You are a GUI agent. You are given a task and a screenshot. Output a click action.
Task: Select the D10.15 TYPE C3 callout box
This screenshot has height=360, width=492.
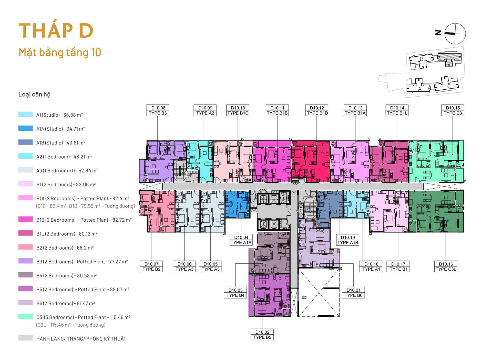(453, 110)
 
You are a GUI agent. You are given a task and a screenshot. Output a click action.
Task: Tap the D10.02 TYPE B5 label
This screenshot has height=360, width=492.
(262, 335)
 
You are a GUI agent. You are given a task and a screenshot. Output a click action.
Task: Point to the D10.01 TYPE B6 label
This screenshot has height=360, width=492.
(353, 293)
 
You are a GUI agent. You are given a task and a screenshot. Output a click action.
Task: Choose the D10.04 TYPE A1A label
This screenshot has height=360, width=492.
(241, 240)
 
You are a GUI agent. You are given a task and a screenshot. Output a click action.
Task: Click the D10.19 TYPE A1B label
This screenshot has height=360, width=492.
(348, 240)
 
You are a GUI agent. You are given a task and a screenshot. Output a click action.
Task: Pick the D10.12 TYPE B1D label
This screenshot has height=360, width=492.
(317, 110)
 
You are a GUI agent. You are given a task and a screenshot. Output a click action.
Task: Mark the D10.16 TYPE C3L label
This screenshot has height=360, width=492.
(446, 266)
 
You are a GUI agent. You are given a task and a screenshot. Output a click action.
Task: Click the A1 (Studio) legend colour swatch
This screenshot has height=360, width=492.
(26, 114)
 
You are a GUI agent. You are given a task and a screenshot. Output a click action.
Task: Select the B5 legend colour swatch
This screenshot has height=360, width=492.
(26, 289)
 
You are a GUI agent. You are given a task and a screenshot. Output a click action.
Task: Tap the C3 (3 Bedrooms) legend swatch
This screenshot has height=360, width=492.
(26, 317)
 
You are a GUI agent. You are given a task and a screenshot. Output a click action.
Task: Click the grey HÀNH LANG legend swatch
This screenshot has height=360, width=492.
(26, 338)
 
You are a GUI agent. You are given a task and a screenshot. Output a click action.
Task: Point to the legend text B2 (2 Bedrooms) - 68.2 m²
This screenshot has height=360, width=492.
(65, 248)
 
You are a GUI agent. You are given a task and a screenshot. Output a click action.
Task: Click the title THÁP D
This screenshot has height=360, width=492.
(56, 31)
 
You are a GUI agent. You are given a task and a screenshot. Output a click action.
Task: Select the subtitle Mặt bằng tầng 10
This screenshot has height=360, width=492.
(60, 53)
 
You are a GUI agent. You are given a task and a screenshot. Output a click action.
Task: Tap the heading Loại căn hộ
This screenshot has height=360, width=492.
(34, 95)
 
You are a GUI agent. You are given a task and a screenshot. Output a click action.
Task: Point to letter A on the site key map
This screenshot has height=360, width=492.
(419, 89)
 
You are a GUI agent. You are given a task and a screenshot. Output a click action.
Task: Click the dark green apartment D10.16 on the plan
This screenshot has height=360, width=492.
(436, 211)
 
